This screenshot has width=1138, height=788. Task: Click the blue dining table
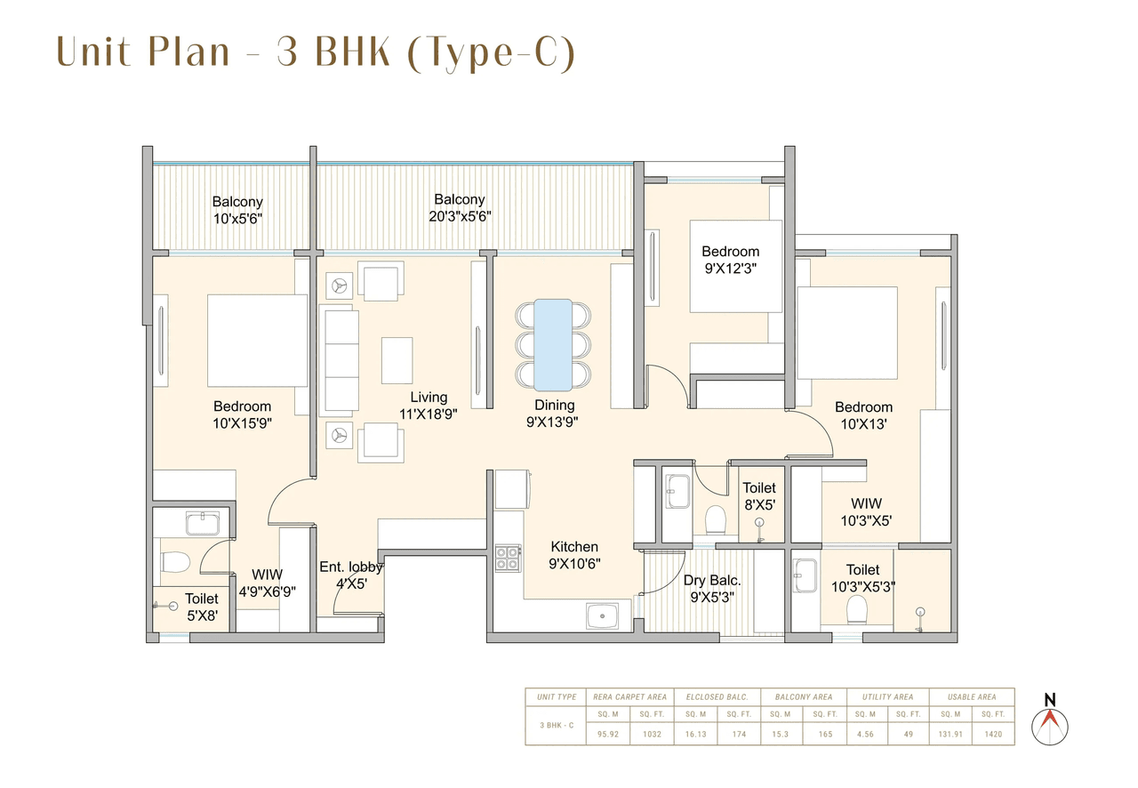tap(552, 345)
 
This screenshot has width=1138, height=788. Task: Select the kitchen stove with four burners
tap(508, 558)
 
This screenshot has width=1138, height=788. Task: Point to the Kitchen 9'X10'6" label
tap(573, 554)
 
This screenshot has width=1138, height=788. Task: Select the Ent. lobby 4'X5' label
tap(350, 575)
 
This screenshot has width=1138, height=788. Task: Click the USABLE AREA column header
tap(973, 697)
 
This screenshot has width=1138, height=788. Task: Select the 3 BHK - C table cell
tap(557, 726)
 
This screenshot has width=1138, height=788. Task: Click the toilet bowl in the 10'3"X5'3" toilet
tap(856, 608)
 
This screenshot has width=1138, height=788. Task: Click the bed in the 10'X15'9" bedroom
tap(257, 341)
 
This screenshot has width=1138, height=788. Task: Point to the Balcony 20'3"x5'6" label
tap(459, 207)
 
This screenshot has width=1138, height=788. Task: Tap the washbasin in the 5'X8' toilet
tap(202, 523)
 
